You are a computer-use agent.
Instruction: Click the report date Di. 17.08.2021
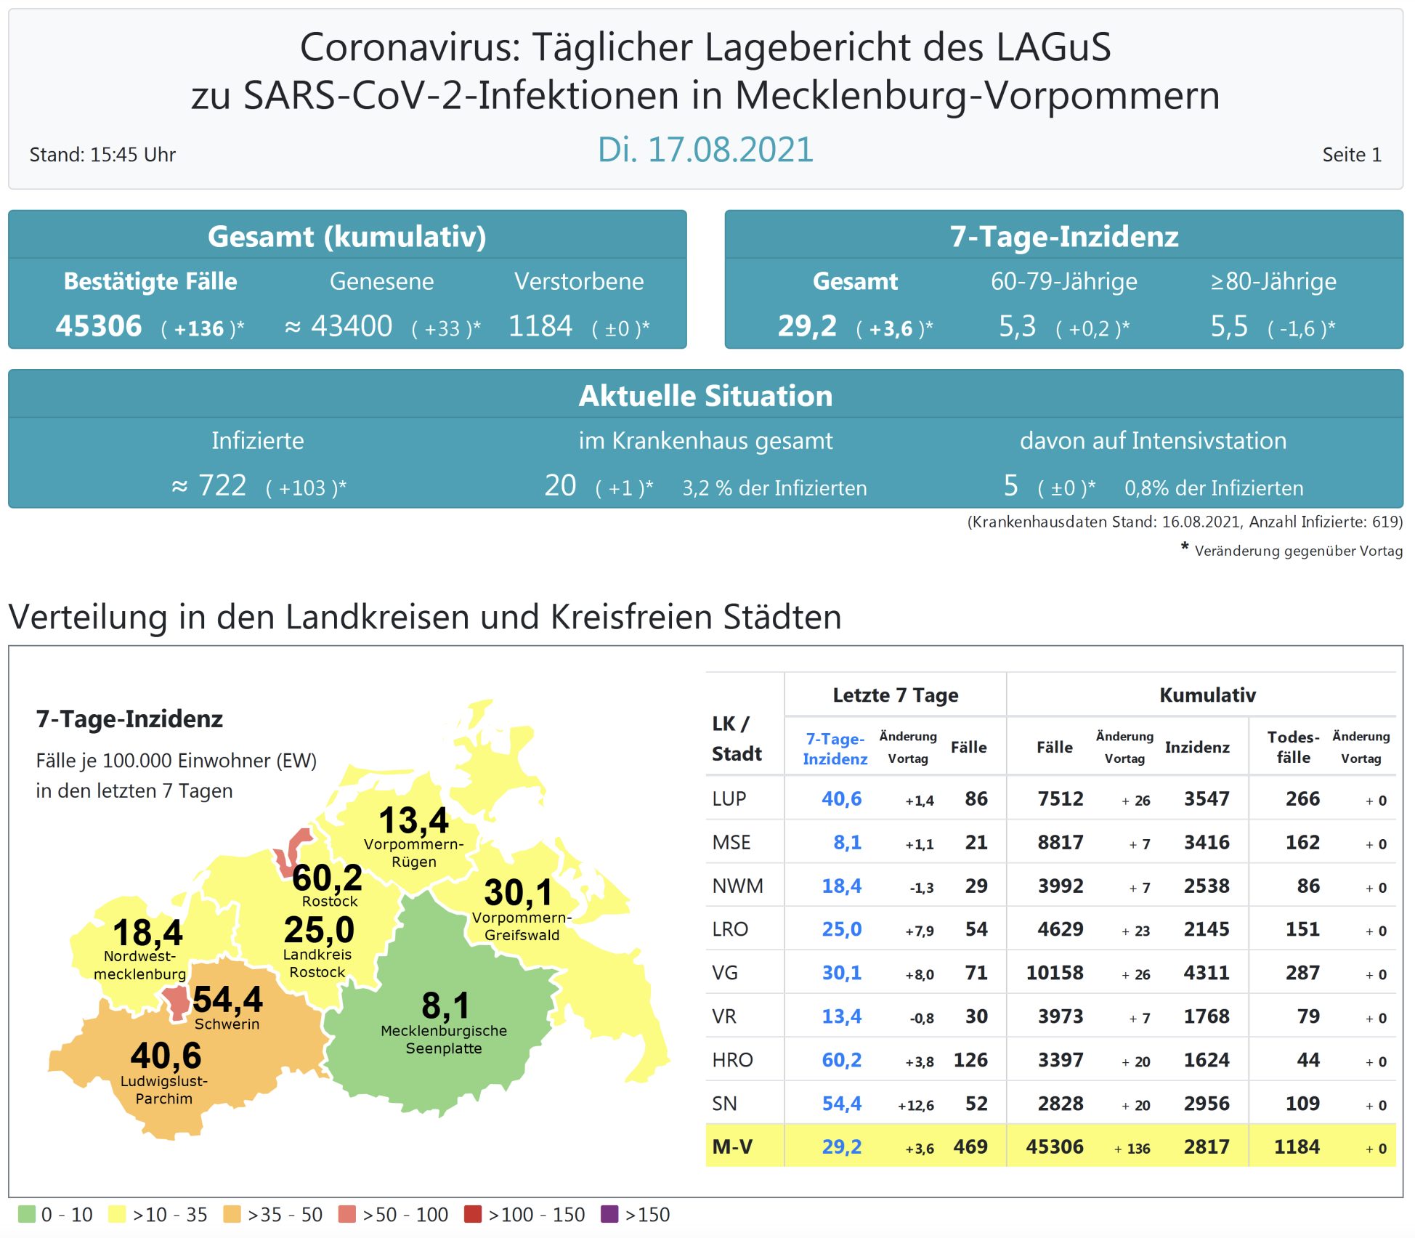point(705,150)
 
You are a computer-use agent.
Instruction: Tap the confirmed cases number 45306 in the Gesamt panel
point(99,326)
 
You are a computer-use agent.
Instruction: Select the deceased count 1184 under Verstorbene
point(540,326)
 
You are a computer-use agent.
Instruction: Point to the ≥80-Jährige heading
point(1273,281)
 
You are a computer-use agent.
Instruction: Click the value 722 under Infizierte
point(222,485)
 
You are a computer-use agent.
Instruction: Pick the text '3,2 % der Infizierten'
point(774,487)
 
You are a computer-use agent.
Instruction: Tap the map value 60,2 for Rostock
point(327,878)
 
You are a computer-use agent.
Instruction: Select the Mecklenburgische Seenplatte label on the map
point(444,1039)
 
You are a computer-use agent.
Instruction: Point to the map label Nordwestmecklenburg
point(139,965)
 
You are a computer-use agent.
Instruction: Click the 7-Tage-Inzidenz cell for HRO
point(841,1060)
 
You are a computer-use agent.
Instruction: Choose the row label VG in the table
point(725,973)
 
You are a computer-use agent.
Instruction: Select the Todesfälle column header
point(1293,747)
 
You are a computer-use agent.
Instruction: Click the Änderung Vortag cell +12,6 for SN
point(915,1105)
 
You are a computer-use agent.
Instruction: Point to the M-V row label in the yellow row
point(732,1146)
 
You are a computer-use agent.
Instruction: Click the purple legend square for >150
point(610,1214)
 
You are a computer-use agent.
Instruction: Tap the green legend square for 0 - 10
point(27,1214)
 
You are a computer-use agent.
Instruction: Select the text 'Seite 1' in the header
point(1351,155)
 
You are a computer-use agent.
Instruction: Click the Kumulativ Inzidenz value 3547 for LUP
point(1206,799)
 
